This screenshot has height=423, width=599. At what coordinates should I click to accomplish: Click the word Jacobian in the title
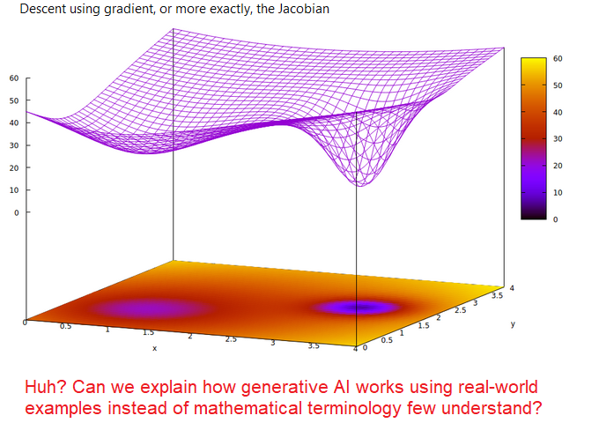point(303,9)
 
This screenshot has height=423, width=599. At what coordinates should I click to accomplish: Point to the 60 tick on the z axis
point(14,78)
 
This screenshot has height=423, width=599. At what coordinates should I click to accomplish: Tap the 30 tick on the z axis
point(14,145)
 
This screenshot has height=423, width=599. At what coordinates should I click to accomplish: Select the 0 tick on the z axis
point(17,212)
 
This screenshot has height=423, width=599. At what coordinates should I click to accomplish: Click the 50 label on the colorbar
point(558,85)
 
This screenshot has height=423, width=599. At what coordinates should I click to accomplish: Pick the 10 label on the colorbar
point(558,193)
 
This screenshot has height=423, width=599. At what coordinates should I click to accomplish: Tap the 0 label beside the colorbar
point(556,219)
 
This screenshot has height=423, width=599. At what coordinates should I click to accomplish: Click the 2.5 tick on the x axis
point(231,339)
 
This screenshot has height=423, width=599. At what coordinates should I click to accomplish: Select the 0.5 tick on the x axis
point(65,326)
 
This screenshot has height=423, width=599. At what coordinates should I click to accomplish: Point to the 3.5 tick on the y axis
point(498,295)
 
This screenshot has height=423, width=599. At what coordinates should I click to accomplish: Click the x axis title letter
point(155,348)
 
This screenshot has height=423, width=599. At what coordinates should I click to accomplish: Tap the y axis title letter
point(513,324)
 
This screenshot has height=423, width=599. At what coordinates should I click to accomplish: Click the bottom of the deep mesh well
point(361,185)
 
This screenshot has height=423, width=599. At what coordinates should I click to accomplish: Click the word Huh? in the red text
point(46,387)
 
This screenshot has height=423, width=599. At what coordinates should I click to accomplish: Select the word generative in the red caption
point(285,388)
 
